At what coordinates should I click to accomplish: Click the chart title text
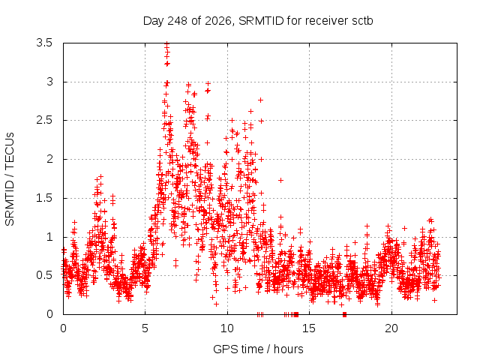click(258, 21)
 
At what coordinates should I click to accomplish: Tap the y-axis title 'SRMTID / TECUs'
click(10, 179)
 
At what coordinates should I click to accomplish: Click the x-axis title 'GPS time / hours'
click(258, 349)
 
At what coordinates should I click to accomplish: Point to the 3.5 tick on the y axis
click(44, 43)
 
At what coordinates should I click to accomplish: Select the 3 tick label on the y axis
click(49, 82)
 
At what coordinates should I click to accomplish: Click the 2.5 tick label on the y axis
click(44, 120)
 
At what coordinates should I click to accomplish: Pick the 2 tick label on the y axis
click(49, 159)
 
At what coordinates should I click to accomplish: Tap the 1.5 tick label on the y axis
click(44, 198)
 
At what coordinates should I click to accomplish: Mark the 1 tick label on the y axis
click(49, 237)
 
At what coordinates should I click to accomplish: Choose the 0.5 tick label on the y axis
click(44, 275)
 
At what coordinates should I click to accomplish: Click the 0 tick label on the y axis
click(49, 314)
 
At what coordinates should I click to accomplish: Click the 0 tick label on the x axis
click(63, 328)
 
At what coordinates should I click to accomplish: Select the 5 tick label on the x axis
click(145, 328)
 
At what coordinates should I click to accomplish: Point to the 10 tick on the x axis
click(227, 328)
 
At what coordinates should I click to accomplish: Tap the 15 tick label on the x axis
click(309, 328)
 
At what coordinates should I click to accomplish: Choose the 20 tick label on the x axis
click(391, 328)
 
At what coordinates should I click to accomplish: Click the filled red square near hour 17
click(345, 314)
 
